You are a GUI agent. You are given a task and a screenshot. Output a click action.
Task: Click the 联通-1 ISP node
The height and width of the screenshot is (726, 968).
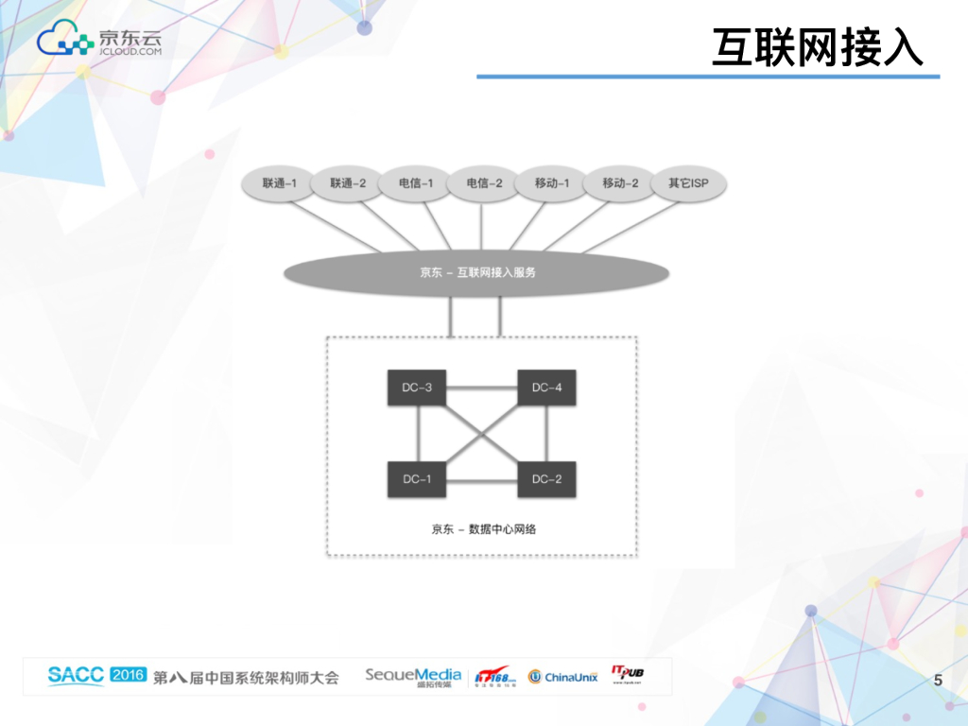click(280, 183)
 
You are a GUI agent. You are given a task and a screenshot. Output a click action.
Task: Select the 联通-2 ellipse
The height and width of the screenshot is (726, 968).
click(348, 183)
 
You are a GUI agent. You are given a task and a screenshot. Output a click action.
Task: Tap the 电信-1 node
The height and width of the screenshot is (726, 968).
click(416, 183)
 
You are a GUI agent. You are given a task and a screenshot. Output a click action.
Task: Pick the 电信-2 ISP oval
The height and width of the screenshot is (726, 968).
click(484, 183)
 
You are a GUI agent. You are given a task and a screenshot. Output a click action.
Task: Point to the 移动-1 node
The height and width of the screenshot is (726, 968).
click(552, 183)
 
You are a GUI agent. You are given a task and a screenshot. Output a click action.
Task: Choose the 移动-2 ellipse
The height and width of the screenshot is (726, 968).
click(620, 183)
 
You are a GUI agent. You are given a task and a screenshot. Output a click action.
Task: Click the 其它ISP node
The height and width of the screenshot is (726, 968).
click(688, 183)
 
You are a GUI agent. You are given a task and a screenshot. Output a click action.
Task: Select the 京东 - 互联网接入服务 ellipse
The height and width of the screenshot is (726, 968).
click(477, 273)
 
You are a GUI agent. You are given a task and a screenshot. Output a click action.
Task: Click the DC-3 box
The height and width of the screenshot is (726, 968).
click(417, 388)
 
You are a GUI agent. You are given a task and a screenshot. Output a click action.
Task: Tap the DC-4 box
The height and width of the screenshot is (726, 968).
click(546, 388)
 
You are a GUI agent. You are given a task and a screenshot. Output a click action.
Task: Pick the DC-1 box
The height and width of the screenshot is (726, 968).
click(417, 479)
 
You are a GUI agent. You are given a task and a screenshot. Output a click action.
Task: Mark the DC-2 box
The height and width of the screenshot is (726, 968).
click(546, 479)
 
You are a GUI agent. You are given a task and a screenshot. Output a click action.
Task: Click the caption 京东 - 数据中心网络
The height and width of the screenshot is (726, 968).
click(483, 529)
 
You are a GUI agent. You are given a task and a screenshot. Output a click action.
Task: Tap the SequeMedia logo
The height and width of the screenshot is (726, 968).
click(413, 676)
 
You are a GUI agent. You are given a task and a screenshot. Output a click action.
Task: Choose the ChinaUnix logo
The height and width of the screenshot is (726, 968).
click(563, 677)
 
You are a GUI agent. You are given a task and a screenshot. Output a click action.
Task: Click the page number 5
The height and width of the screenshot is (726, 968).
click(938, 680)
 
